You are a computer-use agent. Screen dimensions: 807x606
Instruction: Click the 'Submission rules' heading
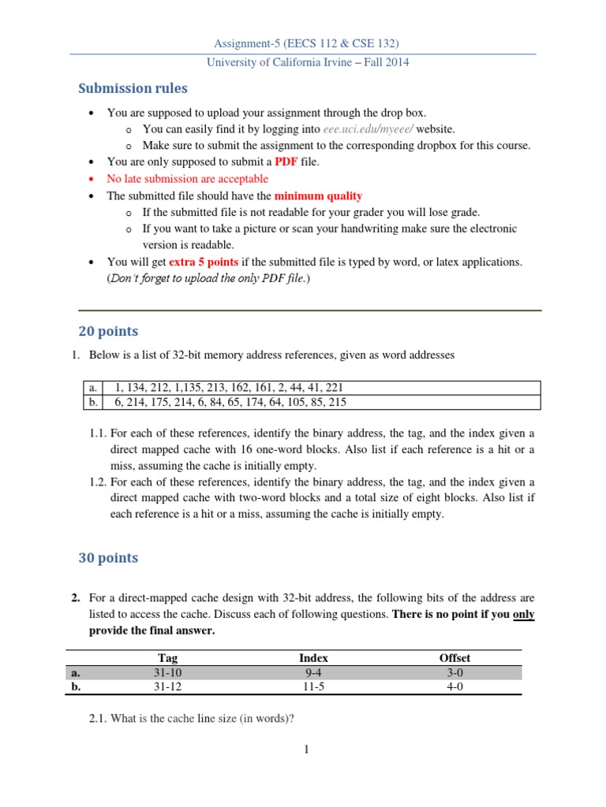click(x=133, y=88)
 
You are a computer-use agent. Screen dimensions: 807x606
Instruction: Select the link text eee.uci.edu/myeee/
click(x=368, y=128)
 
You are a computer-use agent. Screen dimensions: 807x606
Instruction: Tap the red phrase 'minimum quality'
click(x=318, y=195)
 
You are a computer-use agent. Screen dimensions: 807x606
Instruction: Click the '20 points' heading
click(x=108, y=331)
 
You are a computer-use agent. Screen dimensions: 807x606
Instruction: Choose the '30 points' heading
click(x=108, y=558)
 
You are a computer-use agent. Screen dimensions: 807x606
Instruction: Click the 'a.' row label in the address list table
click(x=92, y=388)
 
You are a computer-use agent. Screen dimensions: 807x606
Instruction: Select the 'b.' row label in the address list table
click(x=92, y=402)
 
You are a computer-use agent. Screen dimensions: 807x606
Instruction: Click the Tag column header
click(x=168, y=657)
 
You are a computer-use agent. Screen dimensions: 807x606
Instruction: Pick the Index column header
click(x=313, y=657)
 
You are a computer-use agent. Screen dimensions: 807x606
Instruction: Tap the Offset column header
click(x=454, y=657)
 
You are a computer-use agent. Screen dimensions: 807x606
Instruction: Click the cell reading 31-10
click(x=168, y=672)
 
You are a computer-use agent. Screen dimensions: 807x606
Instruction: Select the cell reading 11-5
click(x=313, y=686)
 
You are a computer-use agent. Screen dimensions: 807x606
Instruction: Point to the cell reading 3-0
click(x=454, y=672)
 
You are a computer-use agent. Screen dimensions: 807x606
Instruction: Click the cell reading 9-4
click(x=313, y=672)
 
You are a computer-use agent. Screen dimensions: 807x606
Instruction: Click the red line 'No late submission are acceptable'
click(x=188, y=179)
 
